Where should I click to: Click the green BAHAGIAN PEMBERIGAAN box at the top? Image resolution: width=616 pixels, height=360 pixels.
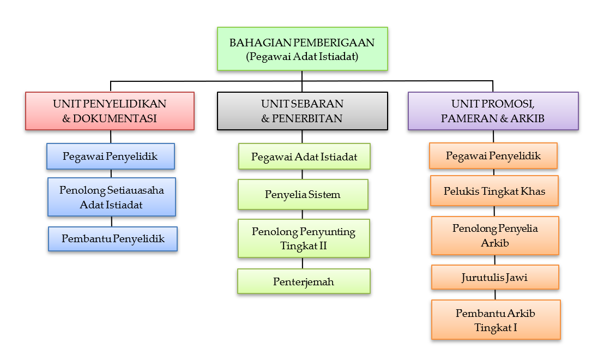pos(302,49)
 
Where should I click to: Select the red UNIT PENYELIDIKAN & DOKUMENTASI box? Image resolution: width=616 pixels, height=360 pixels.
pos(110,111)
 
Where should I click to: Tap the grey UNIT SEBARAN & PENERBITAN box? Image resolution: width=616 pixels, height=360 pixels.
pos(302,111)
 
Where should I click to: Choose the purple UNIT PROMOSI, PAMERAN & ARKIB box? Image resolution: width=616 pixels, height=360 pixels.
pos(493,111)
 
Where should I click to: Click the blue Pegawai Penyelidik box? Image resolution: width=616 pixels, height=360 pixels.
pos(110,157)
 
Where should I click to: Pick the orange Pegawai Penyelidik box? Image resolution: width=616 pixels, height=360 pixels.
pos(493,156)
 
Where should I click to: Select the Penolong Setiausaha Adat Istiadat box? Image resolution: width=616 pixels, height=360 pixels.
pos(111,196)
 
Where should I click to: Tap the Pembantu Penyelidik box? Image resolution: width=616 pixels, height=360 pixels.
pos(113,239)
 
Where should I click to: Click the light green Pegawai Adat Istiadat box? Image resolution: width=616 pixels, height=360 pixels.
pos(304,157)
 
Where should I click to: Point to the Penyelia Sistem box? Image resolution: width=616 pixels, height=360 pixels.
pos(303,194)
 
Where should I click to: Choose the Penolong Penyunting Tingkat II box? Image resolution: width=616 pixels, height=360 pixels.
pos(303,238)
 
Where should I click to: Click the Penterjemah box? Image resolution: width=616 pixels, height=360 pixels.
pos(304,281)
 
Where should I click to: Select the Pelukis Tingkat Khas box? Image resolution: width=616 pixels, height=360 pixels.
pos(494,191)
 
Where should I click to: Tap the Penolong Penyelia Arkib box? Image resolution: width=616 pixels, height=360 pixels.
pos(495,235)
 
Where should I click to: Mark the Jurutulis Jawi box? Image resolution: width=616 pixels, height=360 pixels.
pos(495,277)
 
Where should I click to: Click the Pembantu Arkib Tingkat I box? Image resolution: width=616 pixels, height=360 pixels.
pos(496,320)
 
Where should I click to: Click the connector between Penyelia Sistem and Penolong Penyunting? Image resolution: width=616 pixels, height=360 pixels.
pos(303,214)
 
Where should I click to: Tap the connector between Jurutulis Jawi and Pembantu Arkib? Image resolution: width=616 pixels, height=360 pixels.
pos(495,295)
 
